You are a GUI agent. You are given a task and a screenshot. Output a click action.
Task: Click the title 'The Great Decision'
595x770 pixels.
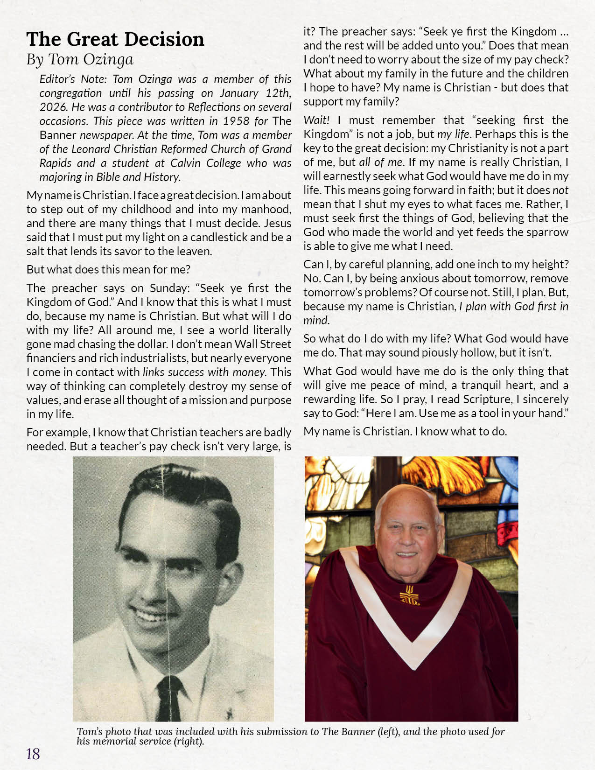115,39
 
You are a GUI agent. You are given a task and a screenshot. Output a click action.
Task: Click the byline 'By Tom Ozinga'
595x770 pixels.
80,60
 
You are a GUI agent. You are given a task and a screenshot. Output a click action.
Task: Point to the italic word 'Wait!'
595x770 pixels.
316,120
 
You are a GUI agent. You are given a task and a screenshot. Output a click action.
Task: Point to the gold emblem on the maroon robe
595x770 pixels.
410,594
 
